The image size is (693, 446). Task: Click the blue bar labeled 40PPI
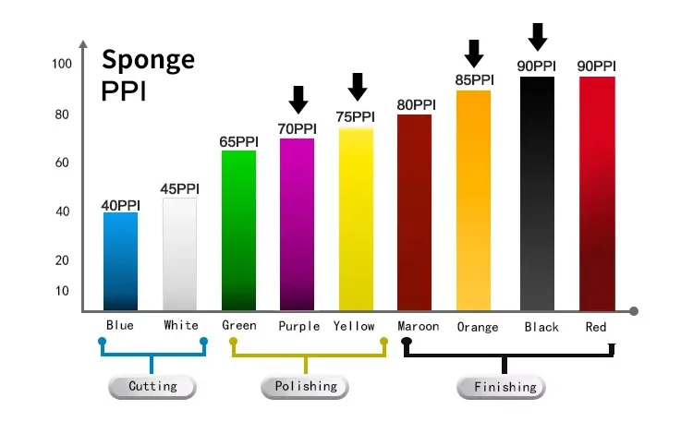click(x=120, y=261)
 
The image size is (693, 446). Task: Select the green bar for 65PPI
click(x=238, y=230)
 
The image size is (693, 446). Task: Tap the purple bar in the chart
click(x=297, y=224)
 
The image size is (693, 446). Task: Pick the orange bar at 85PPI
click(x=473, y=200)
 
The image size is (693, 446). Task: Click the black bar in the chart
click(x=538, y=194)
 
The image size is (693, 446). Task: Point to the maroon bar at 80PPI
click(x=415, y=212)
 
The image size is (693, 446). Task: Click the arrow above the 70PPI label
click(x=298, y=99)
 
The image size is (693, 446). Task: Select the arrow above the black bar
click(x=538, y=37)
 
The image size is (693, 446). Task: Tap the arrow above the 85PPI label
click(x=474, y=52)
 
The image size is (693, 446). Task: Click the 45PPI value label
click(x=179, y=189)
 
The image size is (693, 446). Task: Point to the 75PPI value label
click(x=355, y=117)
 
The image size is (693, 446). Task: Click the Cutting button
click(x=153, y=386)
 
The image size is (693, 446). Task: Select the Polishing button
click(x=305, y=386)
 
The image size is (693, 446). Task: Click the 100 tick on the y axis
click(x=62, y=64)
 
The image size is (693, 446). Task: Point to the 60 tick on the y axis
click(x=62, y=163)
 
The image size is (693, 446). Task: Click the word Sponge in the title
click(x=148, y=59)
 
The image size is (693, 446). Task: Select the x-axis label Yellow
click(x=355, y=326)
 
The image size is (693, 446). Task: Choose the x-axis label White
click(x=181, y=326)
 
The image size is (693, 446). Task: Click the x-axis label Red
click(x=596, y=327)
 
